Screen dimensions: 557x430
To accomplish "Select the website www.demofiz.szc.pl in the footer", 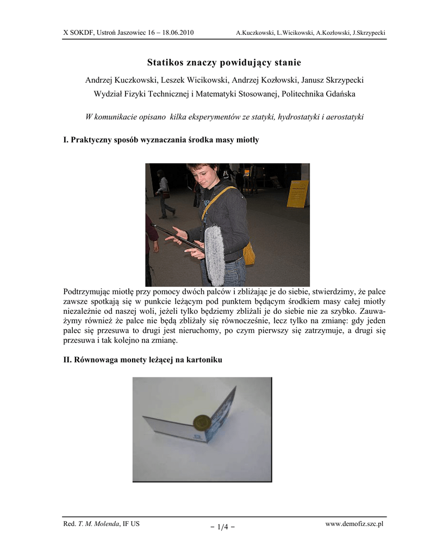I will click(x=354, y=523).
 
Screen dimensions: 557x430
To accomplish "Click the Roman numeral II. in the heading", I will click(x=68, y=360).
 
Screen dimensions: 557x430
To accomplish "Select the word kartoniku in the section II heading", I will click(x=204, y=360).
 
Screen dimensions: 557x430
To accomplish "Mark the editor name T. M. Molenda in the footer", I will click(x=102, y=523).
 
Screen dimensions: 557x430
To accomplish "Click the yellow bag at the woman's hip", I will click(x=249, y=253).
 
